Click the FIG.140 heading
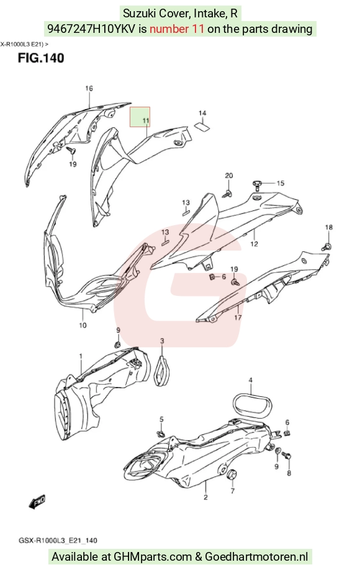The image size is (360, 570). click(41, 58)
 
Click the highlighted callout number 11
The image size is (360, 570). click(146, 120)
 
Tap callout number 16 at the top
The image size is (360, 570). click(89, 88)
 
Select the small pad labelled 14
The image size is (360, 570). click(203, 126)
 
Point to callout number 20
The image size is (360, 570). click(229, 176)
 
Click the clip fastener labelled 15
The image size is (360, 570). click(258, 184)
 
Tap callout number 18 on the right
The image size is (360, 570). click(329, 227)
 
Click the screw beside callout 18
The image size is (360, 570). click(326, 246)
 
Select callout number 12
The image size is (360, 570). click(254, 244)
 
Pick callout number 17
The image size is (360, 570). click(238, 318)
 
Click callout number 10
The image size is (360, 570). click(83, 325)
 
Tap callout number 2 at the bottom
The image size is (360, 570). click(205, 497)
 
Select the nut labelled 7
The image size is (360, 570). click(232, 475)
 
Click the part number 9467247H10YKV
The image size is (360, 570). click(92, 29)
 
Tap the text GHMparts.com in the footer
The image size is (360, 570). click(153, 556)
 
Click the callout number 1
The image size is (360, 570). click(81, 356)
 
